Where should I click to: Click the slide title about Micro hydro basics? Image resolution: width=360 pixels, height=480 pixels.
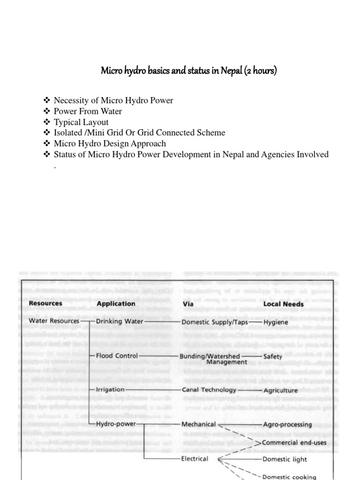click(x=189, y=71)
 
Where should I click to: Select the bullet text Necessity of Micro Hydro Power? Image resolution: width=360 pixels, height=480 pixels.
click(x=113, y=100)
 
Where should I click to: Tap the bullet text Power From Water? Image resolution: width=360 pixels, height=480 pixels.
click(x=88, y=111)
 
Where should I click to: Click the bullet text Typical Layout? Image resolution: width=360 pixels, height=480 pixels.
click(x=81, y=122)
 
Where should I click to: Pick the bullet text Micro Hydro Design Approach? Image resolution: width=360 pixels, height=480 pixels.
click(x=110, y=143)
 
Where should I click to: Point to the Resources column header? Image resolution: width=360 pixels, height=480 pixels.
click(x=45, y=303)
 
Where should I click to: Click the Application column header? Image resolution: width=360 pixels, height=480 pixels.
click(x=116, y=303)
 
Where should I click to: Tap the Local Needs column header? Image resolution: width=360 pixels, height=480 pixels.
click(x=283, y=304)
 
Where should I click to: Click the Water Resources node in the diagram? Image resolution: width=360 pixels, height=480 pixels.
click(x=54, y=321)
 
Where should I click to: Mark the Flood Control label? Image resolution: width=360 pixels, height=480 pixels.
click(x=117, y=355)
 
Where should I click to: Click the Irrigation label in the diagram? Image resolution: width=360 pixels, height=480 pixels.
click(x=110, y=390)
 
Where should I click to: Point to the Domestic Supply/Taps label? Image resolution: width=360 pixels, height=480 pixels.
click(x=215, y=322)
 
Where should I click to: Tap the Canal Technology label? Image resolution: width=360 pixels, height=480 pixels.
click(x=209, y=390)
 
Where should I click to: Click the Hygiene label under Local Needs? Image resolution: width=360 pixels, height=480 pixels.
click(x=276, y=322)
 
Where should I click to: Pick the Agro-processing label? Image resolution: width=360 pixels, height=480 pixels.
click(x=287, y=424)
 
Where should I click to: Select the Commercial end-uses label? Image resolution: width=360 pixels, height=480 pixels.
click(x=294, y=442)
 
